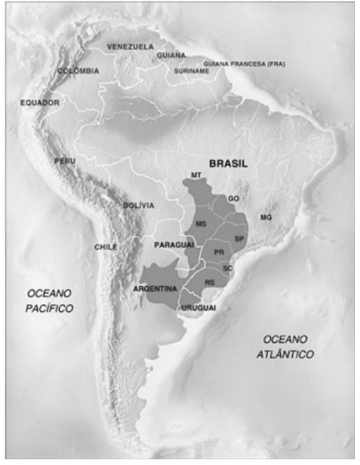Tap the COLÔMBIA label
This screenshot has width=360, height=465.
[78, 71]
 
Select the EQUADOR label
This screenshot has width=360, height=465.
[40, 103]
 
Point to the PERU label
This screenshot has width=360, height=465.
[64, 161]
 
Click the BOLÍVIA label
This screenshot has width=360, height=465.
[138, 205]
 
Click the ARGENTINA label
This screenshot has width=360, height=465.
[154, 289]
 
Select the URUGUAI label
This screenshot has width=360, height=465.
[200, 308]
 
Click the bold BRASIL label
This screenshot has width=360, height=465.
[228, 164]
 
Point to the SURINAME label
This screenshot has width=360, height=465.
[191, 71]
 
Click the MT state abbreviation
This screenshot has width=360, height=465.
[196, 175]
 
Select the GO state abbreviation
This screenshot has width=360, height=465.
[232, 197]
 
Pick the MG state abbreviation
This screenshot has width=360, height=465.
[265, 217]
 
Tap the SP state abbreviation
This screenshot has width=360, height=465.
[240, 238]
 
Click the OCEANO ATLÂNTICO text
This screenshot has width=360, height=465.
[287, 347]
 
